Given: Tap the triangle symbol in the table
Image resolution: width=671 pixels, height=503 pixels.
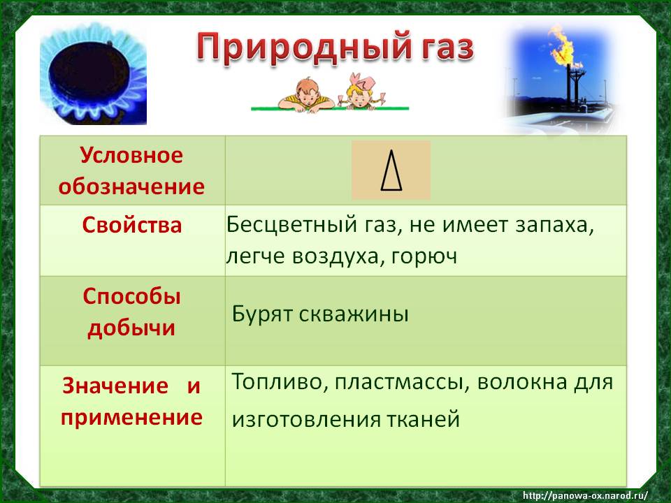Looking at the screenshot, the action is click(x=391, y=170).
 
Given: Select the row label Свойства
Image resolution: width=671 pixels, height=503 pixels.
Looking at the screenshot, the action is click(x=132, y=225).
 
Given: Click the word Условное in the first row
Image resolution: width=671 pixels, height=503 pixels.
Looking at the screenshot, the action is click(x=131, y=155).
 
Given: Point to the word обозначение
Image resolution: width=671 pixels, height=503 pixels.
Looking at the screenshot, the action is click(x=131, y=187).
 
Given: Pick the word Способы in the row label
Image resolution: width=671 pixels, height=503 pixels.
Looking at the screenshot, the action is click(x=132, y=297).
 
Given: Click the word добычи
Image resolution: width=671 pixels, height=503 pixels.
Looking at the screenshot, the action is click(x=132, y=328).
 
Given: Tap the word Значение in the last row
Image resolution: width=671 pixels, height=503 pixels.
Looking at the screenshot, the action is click(x=115, y=386).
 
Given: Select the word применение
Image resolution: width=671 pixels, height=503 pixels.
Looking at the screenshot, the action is click(x=131, y=418).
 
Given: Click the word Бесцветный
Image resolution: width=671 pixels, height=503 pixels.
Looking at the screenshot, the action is click(x=291, y=224).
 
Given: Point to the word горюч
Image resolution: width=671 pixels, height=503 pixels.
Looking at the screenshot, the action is click(x=424, y=256).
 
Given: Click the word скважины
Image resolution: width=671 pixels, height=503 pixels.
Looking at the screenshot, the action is click(x=354, y=314).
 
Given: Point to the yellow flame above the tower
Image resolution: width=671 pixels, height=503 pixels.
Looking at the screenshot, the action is click(x=561, y=45).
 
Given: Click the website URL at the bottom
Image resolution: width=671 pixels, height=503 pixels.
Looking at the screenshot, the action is click(x=585, y=496).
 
